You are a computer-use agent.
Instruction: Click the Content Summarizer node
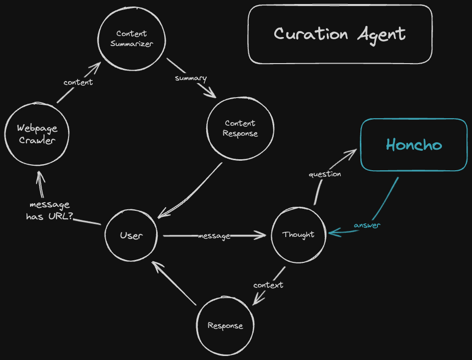tap(131, 39)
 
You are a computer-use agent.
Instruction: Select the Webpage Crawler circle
tap(37, 134)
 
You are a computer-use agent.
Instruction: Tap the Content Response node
tap(240, 128)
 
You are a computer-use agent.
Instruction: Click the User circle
tap(131, 235)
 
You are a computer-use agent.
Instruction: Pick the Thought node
tap(298, 234)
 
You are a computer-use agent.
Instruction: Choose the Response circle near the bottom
tap(225, 326)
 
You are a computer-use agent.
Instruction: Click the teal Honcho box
tap(413, 145)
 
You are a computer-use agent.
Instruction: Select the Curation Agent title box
tap(340, 35)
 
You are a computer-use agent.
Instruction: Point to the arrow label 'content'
tap(78, 82)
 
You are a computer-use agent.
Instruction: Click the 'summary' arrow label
tap(191, 78)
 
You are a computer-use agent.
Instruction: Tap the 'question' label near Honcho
tap(325, 174)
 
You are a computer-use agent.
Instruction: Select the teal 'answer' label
tap(367, 225)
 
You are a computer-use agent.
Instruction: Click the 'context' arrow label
tap(268, 285)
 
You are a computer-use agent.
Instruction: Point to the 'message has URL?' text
tap(50, 211)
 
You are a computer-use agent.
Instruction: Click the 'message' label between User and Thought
tap(214, 235)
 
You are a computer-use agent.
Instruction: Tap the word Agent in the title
tap(381, 35)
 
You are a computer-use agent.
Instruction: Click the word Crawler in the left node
tap(37, 140)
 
